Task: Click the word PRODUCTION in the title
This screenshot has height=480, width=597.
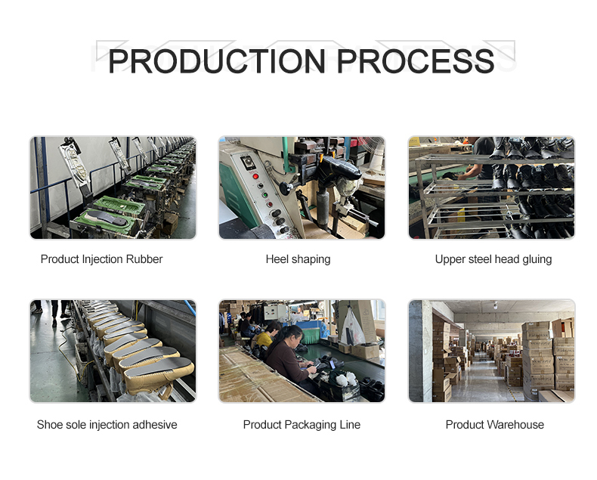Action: (217, 61)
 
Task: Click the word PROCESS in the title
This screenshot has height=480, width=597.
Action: (416, 61)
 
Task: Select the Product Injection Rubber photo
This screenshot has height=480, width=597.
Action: (113, 187)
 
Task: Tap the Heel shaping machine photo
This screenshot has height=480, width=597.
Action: (302, 187)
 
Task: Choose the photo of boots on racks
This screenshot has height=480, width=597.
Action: (491, 187)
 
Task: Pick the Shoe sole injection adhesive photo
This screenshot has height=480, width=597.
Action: (113, 351)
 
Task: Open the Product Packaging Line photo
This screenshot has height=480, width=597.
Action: (302, 351)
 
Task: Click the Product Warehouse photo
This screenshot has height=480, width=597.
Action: (491, 351)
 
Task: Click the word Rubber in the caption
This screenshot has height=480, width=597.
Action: (144, 259)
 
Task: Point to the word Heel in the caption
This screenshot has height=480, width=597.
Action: (274, 259)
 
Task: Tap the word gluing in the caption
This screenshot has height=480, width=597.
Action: (537, 260)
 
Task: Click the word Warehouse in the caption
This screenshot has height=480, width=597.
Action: (516, 424)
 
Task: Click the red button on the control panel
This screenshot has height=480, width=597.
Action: (255, 176)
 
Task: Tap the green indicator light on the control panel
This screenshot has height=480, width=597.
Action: (264, 195)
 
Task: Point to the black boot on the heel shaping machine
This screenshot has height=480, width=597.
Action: (339, 169)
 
